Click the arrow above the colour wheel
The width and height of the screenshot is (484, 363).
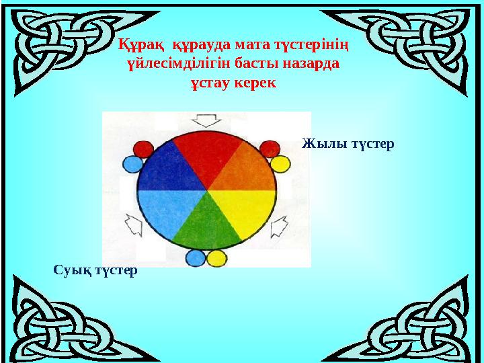(x=206, y=121)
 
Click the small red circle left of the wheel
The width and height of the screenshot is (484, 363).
(x=143, y=149)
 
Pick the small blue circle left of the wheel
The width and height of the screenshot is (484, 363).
(x=132, y=163)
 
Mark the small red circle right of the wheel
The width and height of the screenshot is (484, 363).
(x=270, y=149)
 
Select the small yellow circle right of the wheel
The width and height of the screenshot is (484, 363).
(x=280, y=163)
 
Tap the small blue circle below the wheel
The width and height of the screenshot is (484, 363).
(x=196, y=257)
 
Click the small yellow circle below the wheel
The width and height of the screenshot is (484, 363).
(x=216, y=257)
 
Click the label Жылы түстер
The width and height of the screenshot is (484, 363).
(x=348, y=144)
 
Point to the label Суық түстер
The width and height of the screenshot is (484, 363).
(x=95, y=270)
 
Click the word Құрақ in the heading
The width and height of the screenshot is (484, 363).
(x=143, y=45)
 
